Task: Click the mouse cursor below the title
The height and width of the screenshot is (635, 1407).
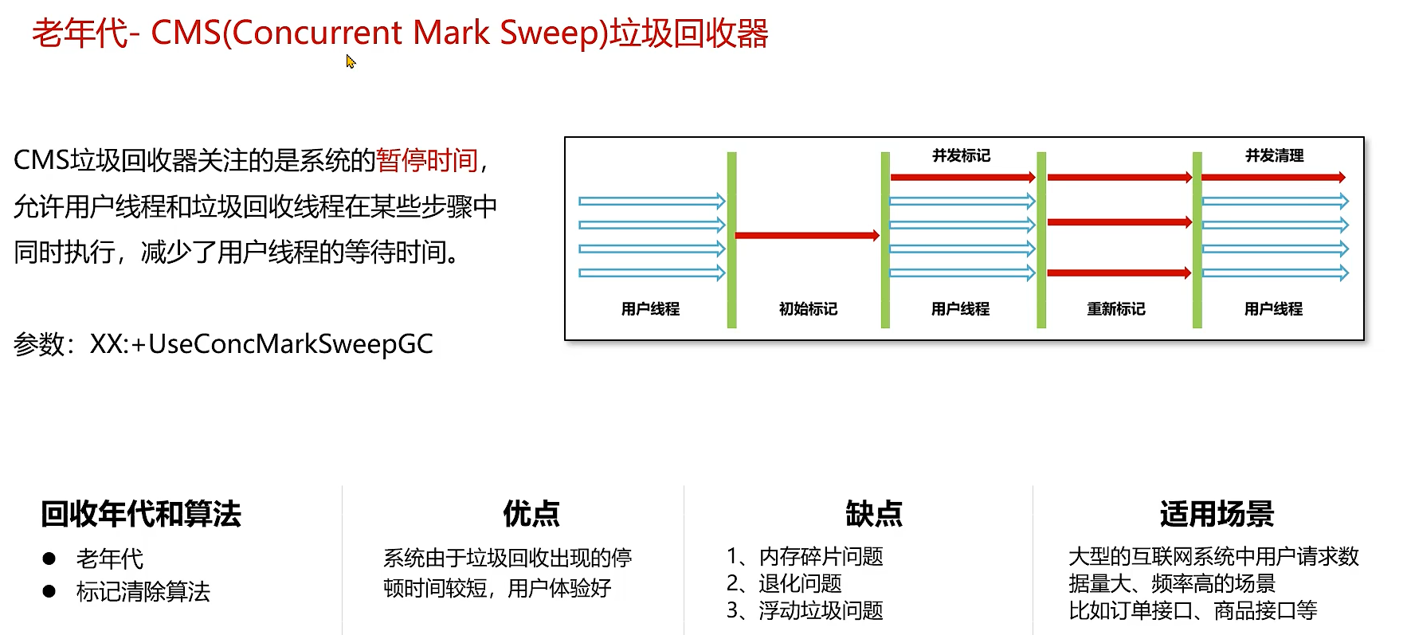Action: tap(350, 61)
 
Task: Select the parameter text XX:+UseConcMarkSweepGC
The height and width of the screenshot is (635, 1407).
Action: tap(261, 344)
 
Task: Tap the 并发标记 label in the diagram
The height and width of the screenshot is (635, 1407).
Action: tap(961, 155)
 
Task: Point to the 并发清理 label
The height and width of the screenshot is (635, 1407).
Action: tap(1274, 155)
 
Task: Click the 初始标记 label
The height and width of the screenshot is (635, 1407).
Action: tap(808, 309)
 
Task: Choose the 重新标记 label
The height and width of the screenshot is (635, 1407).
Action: tap(1115, 309)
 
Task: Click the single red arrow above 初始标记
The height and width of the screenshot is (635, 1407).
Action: tap(806, 235)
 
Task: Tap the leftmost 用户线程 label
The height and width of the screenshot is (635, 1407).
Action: tap(650, 309)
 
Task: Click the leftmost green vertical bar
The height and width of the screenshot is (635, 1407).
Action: tap(731, 239)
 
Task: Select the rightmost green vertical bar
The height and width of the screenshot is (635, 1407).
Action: tap(1197, 239)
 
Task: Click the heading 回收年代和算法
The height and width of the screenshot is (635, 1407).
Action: tap(141, 514)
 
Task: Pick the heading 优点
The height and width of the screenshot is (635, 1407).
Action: tap(531, 514)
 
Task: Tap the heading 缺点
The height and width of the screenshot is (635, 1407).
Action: tap(874, 514)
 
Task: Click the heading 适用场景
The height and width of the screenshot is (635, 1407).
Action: tap(1217, 514)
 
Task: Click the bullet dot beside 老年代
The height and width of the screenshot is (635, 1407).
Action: tap(49, 559)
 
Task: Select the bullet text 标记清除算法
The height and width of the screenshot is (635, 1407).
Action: tap(143, 592)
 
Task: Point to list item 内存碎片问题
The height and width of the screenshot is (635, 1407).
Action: tap(821, 556)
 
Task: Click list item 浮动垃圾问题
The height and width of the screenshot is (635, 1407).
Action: tap(821, 610)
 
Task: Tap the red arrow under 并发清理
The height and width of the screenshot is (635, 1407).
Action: tap(1272, 177)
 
